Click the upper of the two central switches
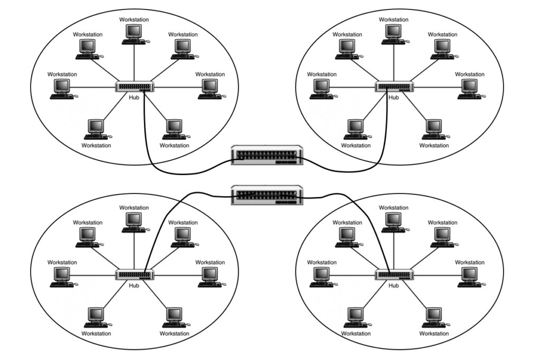pyautogui.click(x=267, y=155)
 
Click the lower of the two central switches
pyautogui.click(x=267, y=195)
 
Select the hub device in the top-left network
pyautogui.click(x=134, y=86)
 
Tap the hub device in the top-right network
pyautogui.click(x=394, y=86)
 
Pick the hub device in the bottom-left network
pyautogui.click(x=134, y=275)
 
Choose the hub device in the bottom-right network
pyautogui.click(x=394, y=275)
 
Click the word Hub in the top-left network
pyautogui.click(x=134, y=98)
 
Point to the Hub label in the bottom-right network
pyautogui.click(x=393, y=286)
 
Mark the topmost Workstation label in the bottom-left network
pyautogui.click(x=134, y=208)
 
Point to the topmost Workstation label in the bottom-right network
pyautogui.click(x=393, y=208)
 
